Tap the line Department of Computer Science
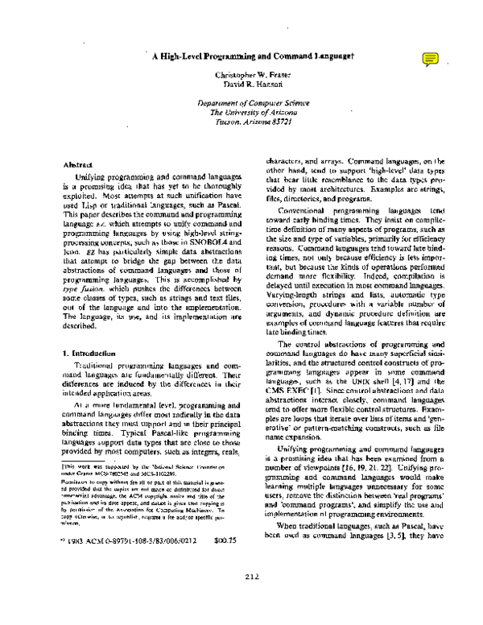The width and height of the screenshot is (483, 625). tap(253, 105)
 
